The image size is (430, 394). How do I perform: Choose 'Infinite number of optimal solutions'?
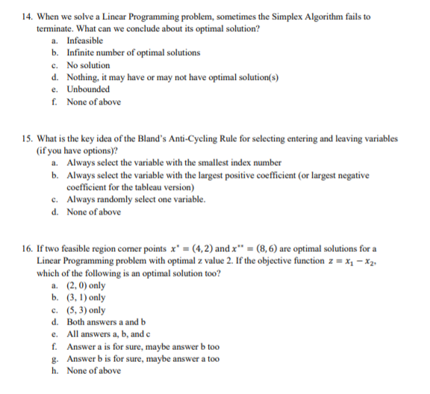click(x=133, y=52)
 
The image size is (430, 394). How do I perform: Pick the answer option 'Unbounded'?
click(x=89, y=90)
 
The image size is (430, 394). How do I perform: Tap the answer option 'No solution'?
click(x=88, y=65)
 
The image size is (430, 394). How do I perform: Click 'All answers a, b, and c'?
click(x=110, y=334)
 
